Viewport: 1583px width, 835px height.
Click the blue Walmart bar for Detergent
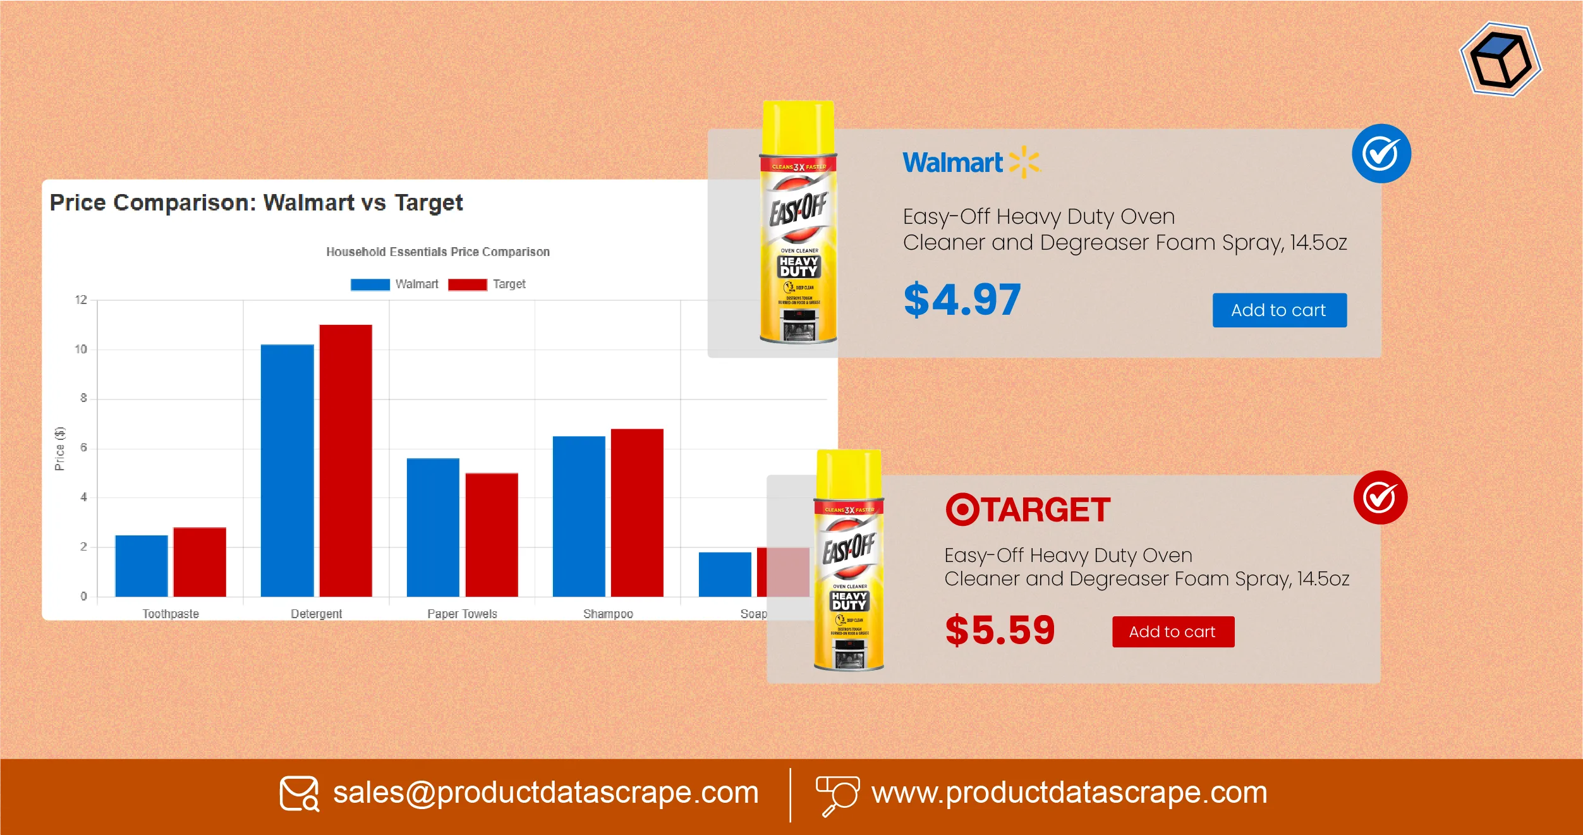click(x=287, y=470)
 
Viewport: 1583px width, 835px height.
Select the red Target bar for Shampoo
click(x=637, y=513)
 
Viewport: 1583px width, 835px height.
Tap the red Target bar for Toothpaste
click(x=200, y=562)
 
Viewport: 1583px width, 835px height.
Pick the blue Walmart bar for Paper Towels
click(x=433, y=527)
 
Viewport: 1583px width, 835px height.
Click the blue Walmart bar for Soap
click(x=725, y=574)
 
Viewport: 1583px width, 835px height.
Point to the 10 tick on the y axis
click(x=81, y=349)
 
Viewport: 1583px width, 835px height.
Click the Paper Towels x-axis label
click(x=462, y=614)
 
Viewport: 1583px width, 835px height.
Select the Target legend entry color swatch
click(x=467, y=284)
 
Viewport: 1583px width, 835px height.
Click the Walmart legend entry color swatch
click(x=370, y=284)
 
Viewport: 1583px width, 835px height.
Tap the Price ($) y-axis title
click(x=59, y=448)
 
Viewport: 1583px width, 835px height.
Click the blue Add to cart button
click(x=1279, y=310)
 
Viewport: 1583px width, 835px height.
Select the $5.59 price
click(x=1000, y=630)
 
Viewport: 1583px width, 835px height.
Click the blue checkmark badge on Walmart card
click(x=1381, y=154)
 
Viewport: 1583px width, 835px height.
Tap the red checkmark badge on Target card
click(x=1380, y=497)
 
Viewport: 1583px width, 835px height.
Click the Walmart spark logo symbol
click(x=1024, y=162)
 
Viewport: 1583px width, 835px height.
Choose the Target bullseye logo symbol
click(x=962, y=509)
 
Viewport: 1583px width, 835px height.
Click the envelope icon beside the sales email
click(x=299, y=793)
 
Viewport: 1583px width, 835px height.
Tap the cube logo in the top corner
click(x=1501, y=59)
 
